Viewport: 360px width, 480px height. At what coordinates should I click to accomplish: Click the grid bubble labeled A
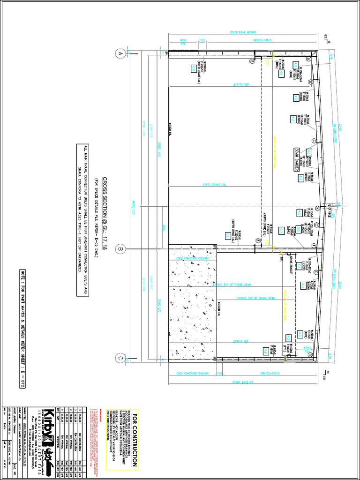tap(120, 54)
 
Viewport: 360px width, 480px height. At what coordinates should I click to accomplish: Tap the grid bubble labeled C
tap(120, 359)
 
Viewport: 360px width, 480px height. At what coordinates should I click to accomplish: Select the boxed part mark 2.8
tap(193, 68)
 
